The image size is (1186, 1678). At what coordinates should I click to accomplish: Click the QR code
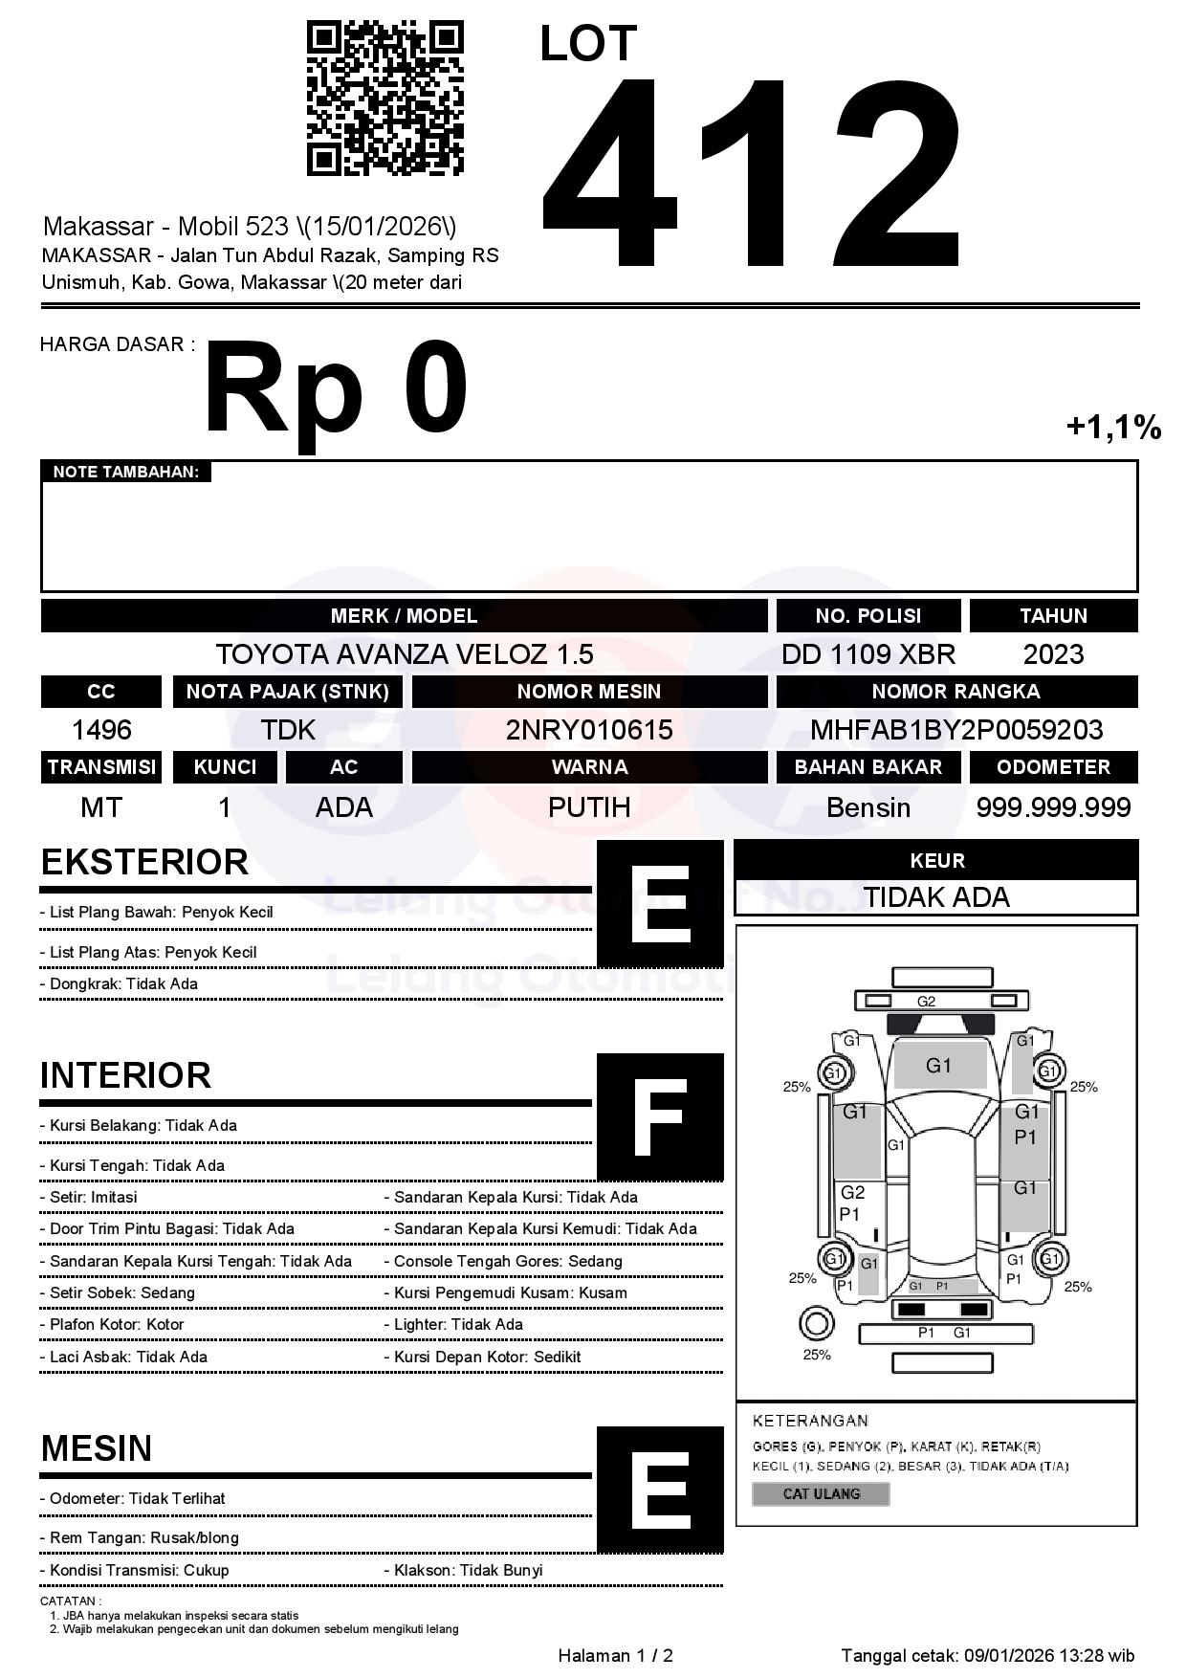(384, 99)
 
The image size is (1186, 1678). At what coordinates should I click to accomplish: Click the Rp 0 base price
(336, 389)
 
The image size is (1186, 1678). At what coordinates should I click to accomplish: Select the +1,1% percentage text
(1113, 427)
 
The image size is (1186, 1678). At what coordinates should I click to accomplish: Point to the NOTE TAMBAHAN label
(125, 472)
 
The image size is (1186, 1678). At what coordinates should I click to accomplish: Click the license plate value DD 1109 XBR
(868, 654)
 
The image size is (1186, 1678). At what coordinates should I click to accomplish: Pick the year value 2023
(1053, 654)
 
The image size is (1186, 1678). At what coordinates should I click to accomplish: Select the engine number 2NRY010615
(589, 730)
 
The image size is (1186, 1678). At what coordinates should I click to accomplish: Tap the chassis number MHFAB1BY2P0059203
(956, 730)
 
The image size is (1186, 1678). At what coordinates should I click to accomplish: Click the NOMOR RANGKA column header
(956, 692)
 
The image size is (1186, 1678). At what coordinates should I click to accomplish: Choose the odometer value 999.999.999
(1053, 807)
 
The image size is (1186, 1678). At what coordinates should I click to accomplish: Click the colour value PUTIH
(589, 807)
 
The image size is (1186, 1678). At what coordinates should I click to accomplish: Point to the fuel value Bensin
(868, 807)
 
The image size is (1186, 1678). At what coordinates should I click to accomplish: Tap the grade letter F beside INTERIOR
(660, 1116)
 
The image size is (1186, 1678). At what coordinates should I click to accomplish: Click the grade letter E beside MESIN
(660, 1489)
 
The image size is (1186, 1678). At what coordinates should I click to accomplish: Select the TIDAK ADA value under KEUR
(936, 897)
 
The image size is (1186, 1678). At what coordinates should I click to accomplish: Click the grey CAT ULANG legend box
(821, 1493)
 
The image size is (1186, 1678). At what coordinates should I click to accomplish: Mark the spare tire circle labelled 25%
(816, 1325)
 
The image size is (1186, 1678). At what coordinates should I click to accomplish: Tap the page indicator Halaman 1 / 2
(615, 1656)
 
